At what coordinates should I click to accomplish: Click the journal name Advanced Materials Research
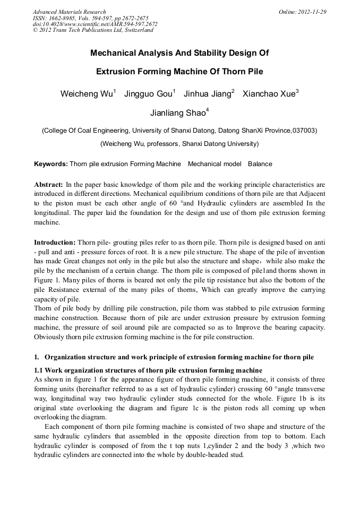pos(69,12)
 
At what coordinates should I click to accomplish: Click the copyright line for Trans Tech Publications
pos(93,30)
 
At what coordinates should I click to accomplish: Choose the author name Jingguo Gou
pos(149,94)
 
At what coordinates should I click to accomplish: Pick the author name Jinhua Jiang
pos(209,94)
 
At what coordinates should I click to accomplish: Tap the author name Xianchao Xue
pos(270,94)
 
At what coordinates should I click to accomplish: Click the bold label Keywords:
pos(51,164)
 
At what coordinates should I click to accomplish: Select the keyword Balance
pos(260,164)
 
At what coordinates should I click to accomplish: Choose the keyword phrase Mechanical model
pos(215,164)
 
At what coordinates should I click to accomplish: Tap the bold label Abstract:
pos(49,184)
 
